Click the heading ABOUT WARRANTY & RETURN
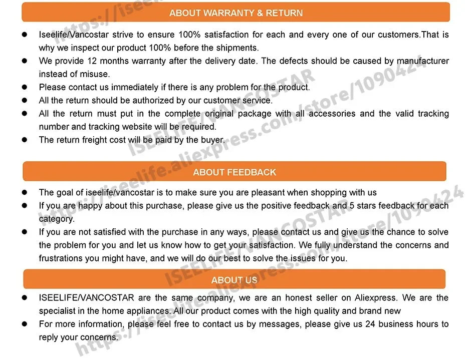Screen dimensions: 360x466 click(236, 13)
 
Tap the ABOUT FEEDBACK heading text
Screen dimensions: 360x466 click(235, 172)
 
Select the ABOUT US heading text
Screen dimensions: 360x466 click(234, 280)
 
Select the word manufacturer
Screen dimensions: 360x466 click(422, 61)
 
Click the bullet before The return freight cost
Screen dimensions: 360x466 click(25, 140)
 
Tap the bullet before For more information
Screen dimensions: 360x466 click(25, 324)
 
